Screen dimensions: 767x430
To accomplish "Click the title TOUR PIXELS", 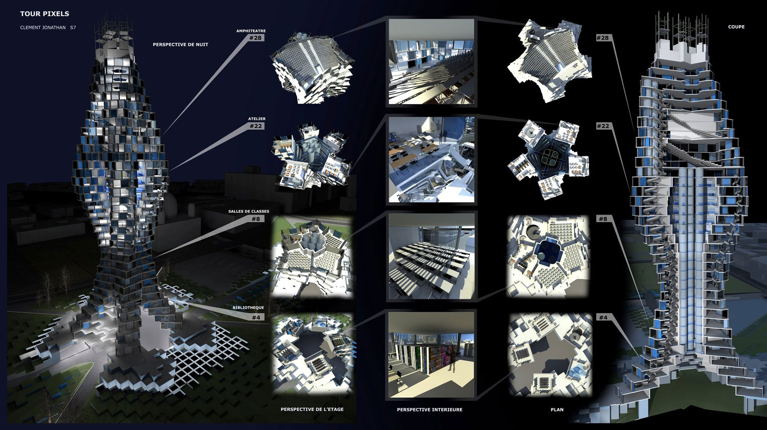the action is pyautogui.click(x=45, y=14).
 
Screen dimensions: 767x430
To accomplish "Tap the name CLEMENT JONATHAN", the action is pyautogui.click(x=42, y=28).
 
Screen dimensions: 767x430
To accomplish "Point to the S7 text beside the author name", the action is pyautogui.click(x=73, y=28).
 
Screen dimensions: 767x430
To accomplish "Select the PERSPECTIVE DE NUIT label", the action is pyautogui.click(x=181, y=45).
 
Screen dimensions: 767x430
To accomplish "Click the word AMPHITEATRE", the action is pyautogui.click(x=251, y=31).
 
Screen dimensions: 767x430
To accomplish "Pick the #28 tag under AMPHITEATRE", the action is pyautogui.click(x=255, y=38).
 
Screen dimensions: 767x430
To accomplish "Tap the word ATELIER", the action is pyautogui.click(x=257, y=119).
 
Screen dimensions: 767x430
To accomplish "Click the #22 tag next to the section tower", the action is pyautogui.click(x=603, y=126).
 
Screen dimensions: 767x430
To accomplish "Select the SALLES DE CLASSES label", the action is pyautogui.click(x=249, y=211).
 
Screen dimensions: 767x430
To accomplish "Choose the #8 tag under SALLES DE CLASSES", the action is pyautogui.click(x=256, y=219).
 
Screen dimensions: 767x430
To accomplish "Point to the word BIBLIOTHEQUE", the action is pyautogui.click(x=248, y=308).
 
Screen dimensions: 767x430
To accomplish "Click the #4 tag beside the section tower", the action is pyautogui.click(x=603, y=318).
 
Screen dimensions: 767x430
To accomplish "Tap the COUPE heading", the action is pyautogui.click(x=736, y=27).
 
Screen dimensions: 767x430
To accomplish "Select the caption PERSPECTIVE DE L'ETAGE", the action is pyautogui.click(x=312, y=409).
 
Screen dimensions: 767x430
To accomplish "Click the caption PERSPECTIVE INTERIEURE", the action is pyautogui.click(x=429, y=410).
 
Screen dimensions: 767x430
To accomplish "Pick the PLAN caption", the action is pyautogui.click(x=557, y=410).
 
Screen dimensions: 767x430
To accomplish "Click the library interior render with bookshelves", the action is pyautogui.click(x=431, y=355).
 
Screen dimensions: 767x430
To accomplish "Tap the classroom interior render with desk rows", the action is pyautogui.click(x=431, y=257).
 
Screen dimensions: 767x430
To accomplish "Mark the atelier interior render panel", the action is pyautogui.click(x=431, y=159).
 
